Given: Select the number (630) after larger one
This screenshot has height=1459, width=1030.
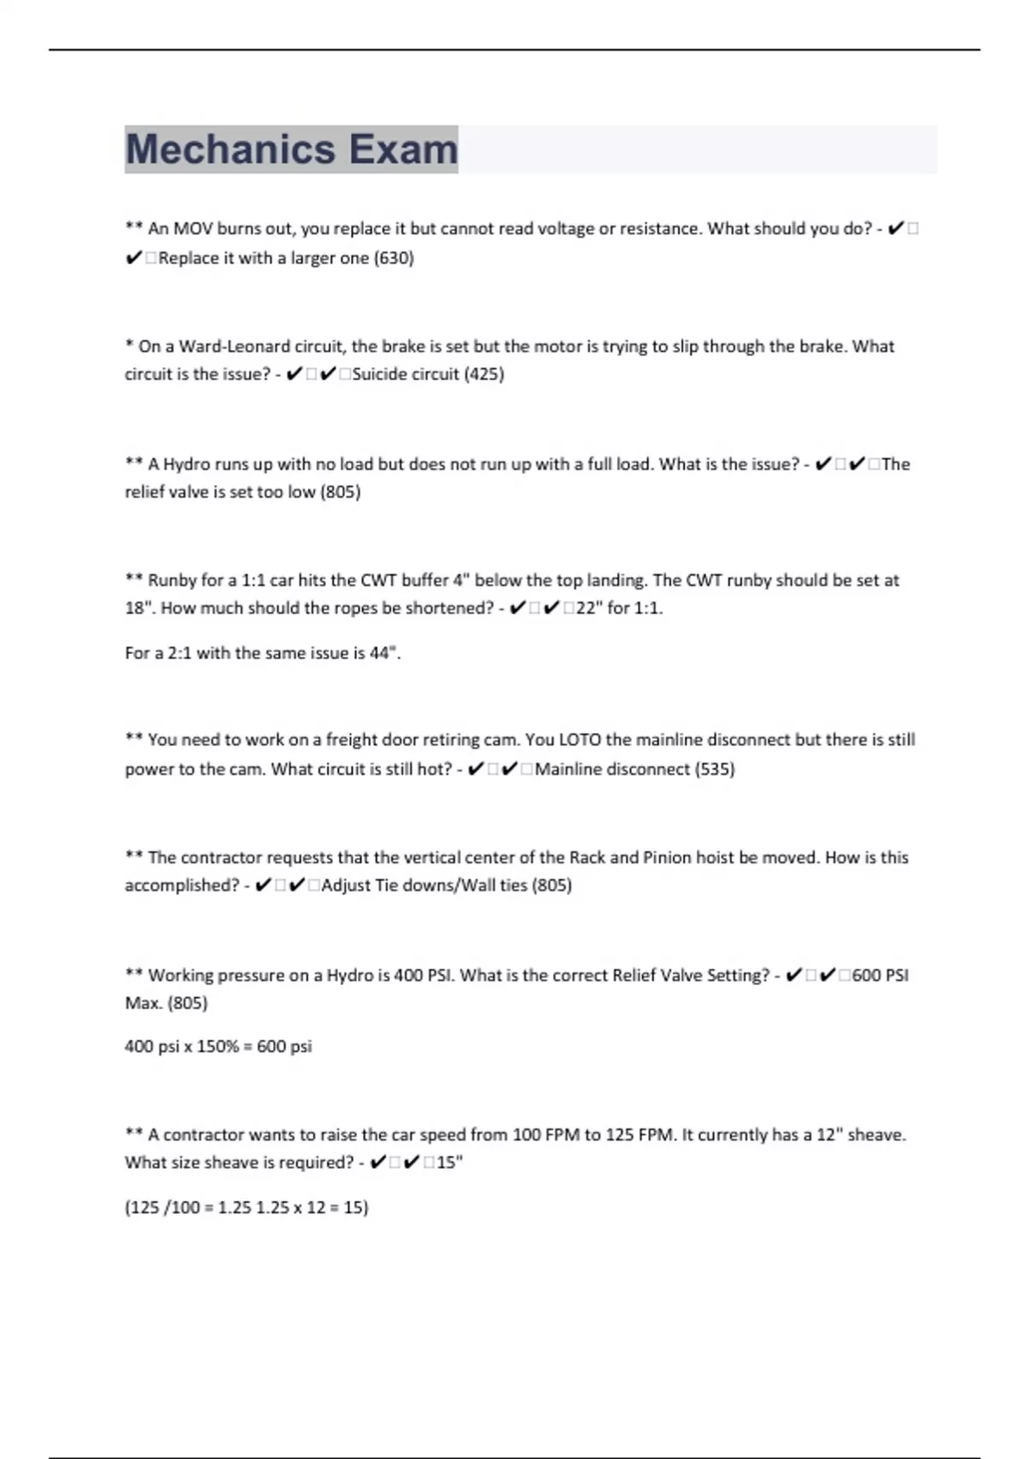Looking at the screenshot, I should (x=394, y=258).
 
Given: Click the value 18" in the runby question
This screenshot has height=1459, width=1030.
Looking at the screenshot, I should (x=140, y=608).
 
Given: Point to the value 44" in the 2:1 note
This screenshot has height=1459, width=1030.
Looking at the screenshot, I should (x=385, y=653).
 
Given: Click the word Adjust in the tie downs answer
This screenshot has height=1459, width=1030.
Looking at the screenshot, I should (x=346, y=886).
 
